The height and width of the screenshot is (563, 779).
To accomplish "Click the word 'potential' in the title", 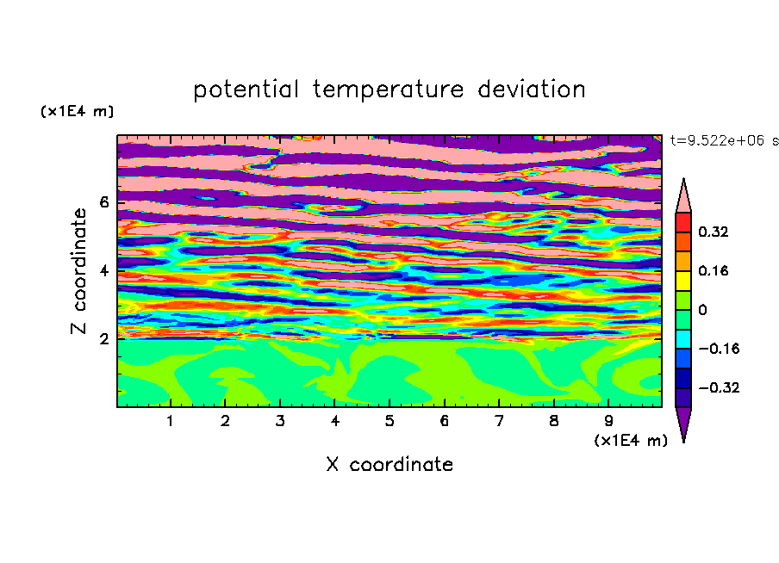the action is click(246, 90).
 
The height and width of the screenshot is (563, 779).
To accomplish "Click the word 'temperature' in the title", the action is click(389, 90).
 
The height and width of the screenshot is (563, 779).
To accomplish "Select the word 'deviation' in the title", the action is click(532, 89).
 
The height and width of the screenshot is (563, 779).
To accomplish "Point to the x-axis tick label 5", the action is click(389, 421).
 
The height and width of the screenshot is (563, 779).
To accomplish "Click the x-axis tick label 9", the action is click(608, 421).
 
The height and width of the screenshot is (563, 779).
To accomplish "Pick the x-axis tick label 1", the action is click(171, 421).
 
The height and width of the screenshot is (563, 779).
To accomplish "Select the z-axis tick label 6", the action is click(103, 202).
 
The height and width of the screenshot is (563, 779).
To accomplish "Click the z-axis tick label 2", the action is click(103, 339).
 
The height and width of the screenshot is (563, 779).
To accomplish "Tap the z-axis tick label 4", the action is click(103, 271).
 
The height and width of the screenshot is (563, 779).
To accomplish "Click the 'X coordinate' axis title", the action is click(389, 464).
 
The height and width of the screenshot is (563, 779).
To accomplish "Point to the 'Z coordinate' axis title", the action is click(79, 271).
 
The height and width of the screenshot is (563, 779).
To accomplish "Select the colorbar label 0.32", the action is click(714, 232).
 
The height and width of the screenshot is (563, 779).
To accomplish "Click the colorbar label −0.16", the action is click(719, 349).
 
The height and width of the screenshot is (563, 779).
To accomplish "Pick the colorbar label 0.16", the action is click(714, 270).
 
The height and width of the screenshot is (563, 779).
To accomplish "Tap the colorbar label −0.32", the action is click(719, 387).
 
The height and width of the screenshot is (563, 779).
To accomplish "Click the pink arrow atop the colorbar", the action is click(683, 197).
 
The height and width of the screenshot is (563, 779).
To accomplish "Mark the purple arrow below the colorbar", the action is click(683, 423).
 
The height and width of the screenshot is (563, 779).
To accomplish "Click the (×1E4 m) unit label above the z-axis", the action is click(77, 111).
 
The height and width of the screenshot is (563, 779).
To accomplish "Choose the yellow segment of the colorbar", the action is click(683, 281).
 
